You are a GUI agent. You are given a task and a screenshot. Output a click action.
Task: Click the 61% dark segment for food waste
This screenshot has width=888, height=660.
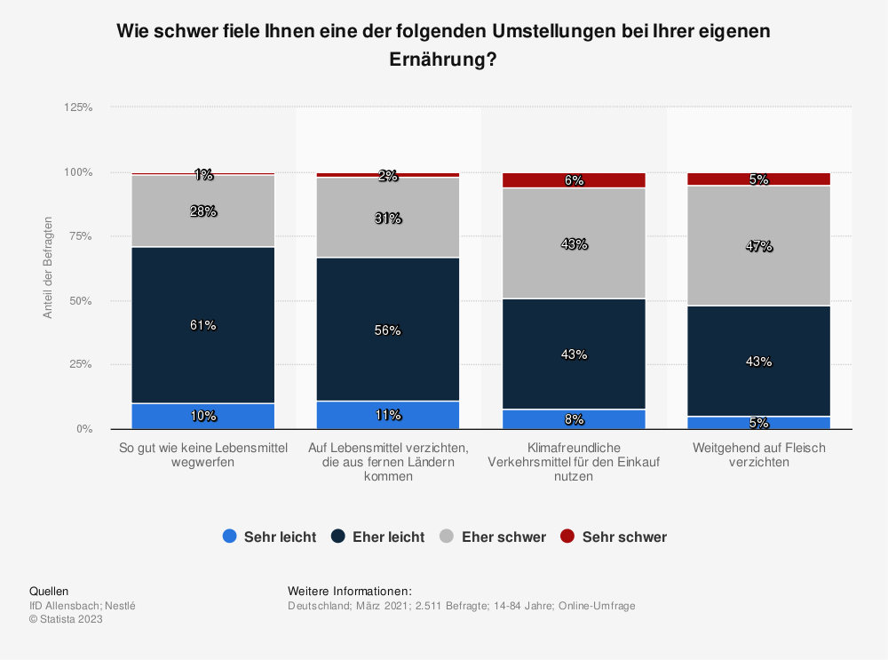click(202, 325)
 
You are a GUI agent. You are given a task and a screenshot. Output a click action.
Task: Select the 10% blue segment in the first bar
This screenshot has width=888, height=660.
click(202, 416)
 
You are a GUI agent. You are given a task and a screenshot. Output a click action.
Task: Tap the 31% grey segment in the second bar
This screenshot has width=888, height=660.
click(388, 218)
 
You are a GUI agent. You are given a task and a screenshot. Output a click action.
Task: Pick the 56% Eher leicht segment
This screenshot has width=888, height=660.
click(388, 330)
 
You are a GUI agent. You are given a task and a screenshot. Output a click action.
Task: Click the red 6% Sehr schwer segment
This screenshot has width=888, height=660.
click(574, 180)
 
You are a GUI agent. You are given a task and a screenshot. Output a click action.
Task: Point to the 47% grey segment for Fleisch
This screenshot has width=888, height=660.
click(759, 246)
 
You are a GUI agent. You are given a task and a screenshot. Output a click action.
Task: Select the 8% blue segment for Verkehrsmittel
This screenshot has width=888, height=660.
click(574, 419)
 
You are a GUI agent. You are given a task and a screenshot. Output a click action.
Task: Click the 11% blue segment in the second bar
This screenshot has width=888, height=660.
click(388, 415)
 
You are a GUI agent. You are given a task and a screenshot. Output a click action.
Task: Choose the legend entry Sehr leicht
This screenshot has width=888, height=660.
click(269, 537)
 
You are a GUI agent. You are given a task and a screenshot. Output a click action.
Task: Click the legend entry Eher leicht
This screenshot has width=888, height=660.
click(377, 537)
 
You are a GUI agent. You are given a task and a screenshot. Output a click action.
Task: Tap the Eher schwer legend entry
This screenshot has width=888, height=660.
click(493, 537)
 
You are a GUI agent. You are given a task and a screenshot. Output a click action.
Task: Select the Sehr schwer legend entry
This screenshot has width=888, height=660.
click(614, 537)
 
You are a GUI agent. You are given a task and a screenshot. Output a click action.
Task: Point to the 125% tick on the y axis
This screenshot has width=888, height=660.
click(78, 107)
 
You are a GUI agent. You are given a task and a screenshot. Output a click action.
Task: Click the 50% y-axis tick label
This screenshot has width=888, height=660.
click(81, 300)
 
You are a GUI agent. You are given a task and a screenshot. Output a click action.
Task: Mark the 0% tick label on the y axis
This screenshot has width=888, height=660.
click(83, 429)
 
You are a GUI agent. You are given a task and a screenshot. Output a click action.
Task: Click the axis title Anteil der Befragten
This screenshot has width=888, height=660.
click(49, 267)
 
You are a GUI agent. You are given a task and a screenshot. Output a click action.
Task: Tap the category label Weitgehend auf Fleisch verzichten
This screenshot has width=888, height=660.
click(759, 455)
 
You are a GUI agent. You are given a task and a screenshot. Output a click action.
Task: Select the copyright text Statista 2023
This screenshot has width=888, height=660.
click(66, 620)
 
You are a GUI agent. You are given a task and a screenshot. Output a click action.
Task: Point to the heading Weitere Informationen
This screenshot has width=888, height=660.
click(350, 591)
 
